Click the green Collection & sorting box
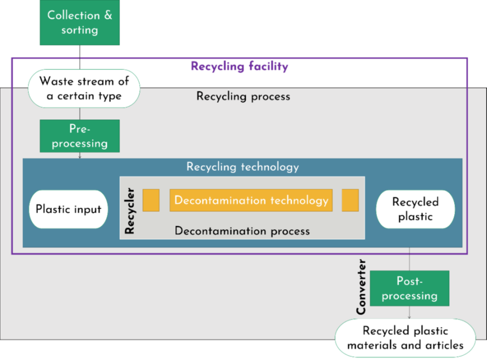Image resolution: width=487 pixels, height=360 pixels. [x=80, y=22]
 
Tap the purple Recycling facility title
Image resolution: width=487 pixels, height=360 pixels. [x=239, y=66]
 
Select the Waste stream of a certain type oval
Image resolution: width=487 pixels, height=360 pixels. [x=84, y=88]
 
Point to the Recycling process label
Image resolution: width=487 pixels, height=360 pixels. [x=243, y=96]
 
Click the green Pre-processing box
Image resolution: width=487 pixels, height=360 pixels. [x=80, y=136]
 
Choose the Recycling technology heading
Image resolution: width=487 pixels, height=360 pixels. [x=242, y=167]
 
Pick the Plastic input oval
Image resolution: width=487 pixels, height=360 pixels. [x=68, y=209]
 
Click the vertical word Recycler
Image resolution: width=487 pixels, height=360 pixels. [x=130, y=211]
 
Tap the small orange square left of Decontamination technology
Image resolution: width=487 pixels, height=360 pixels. [x=151, y=200]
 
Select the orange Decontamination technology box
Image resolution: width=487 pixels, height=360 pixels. [x=251, y=200]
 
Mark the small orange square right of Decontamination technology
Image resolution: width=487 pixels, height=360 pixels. [x=350, y=200]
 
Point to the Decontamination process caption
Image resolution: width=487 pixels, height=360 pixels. [x=242, y=231]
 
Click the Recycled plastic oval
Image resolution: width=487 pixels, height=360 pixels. [x=415, y=209]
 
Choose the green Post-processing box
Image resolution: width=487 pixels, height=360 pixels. [x=410, y=288]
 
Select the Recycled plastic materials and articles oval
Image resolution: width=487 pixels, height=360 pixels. [x=405, y=338]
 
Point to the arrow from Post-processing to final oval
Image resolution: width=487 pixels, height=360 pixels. [x=410, y=313]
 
